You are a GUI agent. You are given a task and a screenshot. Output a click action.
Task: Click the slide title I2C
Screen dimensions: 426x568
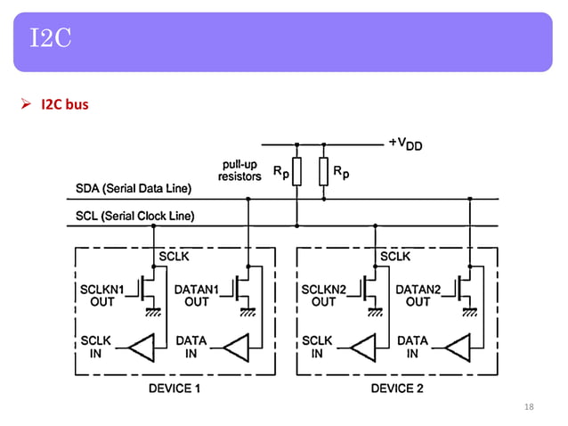pos(50,38)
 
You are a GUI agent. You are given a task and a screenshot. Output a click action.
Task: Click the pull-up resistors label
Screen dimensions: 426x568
pos(239,170)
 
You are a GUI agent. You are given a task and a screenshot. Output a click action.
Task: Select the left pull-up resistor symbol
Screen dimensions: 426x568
pos(296,171)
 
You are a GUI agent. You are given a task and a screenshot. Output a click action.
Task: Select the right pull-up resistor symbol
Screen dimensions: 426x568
pos(323,171)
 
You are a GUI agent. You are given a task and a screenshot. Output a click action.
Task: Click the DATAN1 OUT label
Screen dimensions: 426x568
pos(197,295)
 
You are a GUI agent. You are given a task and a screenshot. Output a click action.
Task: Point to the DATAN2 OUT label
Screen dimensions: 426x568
pos(418,295)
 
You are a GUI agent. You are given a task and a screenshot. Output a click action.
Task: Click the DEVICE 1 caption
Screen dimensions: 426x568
pos(174,389)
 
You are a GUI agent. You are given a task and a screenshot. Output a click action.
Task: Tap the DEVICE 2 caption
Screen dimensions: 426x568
pos(396,389)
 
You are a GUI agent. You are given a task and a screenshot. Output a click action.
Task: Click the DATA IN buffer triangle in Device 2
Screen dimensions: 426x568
pos(456,347)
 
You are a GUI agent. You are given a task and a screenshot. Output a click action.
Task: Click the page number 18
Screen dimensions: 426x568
pos(529,407)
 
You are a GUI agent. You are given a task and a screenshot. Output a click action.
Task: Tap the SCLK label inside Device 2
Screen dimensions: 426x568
pos(395,257)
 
